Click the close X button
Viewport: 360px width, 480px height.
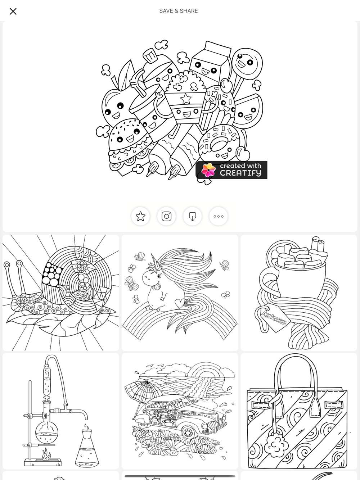[x=13, y=12]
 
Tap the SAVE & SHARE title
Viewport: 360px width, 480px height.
[x=179, y=11]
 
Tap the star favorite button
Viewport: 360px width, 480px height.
[x=140, y=216]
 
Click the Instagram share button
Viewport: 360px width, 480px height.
[x=166, y=216]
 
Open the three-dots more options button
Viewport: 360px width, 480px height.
[x=219, y=216]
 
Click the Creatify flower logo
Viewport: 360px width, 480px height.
[x=208, y=170]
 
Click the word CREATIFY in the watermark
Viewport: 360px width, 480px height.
[x=240, y=173]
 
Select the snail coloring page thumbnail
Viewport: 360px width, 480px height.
[x=61, y=293]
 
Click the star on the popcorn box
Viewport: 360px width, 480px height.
[x=186, y=99]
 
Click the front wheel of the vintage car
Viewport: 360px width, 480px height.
[x=188, y=433]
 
